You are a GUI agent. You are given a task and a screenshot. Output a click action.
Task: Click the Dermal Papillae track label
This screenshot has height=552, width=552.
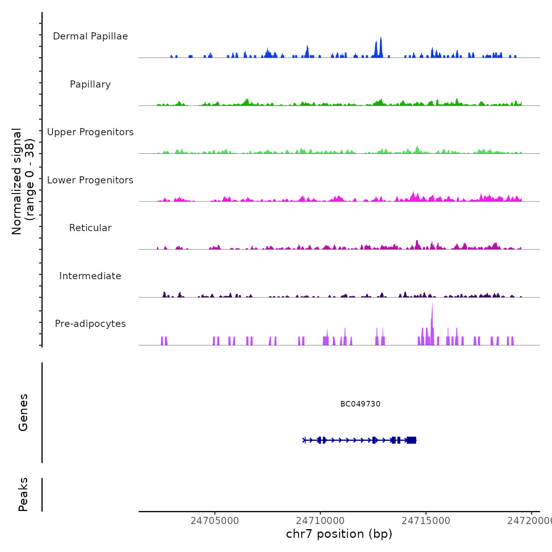90,36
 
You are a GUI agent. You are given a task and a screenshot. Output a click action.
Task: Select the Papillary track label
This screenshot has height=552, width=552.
90,84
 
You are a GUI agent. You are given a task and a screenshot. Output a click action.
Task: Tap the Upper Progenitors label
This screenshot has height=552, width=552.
90,132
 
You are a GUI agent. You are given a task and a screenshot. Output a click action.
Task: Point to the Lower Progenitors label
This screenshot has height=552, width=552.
90,180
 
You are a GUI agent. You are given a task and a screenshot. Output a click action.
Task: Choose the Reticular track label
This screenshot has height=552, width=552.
90,228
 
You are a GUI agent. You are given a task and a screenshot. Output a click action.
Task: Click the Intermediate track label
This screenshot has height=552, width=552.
90,276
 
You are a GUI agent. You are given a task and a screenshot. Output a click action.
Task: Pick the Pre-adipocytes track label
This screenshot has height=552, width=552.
90,324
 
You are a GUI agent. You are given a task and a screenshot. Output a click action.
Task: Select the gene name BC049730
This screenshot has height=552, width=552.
360,404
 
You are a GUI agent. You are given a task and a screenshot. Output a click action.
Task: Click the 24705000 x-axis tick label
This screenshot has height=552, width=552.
214,521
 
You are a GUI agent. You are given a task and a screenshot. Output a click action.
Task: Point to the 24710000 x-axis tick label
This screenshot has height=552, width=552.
320,521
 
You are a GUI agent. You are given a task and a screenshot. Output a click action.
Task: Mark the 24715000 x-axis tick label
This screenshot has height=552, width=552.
426,521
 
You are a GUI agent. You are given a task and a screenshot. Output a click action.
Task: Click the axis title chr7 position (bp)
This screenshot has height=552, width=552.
339,534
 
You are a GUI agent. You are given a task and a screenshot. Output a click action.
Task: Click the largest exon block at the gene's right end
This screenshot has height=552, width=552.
411,440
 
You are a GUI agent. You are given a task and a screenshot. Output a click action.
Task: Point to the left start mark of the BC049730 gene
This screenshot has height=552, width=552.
304,440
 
